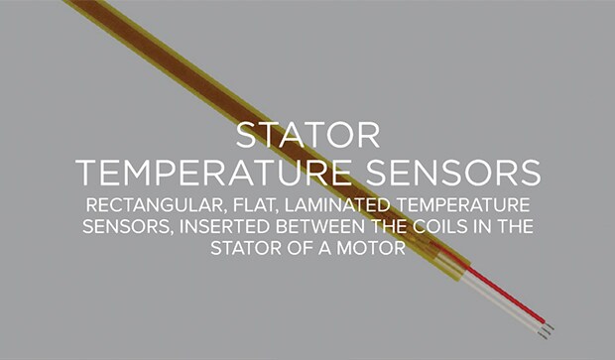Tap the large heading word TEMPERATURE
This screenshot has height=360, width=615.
coord(213,173)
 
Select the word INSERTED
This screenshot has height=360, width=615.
coord(223,227)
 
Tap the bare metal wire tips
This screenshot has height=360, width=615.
coord(547,328)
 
